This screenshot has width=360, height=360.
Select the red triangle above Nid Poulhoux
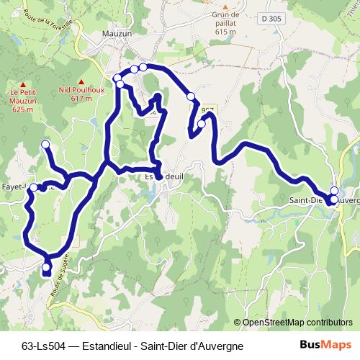[x=81, y=81]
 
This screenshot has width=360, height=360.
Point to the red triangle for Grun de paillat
[x=225, y=4]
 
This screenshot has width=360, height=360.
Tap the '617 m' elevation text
[x=81, y=99]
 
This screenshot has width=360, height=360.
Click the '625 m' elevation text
[x=22, y=109]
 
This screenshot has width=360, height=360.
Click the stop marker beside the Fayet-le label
[x=34, y=187]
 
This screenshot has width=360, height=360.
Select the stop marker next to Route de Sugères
[x=46, y=269]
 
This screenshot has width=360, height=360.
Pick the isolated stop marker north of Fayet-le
[x=45, y=145]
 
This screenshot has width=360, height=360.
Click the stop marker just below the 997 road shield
[x=201, y=124]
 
